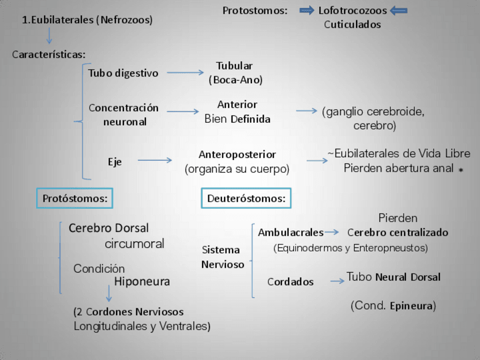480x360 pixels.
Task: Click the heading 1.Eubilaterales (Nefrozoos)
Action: pos(87,20)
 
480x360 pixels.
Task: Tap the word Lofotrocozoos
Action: pos(353,10)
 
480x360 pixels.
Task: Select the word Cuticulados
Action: pos(352,24)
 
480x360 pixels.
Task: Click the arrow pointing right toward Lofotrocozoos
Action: pos(306,10)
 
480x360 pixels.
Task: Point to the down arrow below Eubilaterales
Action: pos(49,36)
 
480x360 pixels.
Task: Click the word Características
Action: pos(49,54)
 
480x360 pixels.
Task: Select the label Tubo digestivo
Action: pos(123,73)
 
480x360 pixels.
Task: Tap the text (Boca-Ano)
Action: pos(235,80)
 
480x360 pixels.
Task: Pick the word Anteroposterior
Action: pos(237,154)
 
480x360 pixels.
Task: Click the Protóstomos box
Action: pos(75,198)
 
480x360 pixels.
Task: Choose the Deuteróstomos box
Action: pos(246,198)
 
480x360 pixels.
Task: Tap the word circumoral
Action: pos(134,244)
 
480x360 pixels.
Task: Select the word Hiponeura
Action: pos(142,281)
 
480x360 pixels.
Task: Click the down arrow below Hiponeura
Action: pos(108,293)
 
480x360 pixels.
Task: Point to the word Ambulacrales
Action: pos(290,232)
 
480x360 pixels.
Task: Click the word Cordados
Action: pos(290,281)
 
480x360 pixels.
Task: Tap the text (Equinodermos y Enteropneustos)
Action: pos(350,247)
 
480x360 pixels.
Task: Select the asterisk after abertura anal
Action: pos(461,169)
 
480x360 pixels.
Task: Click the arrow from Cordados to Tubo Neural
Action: pos(337,280)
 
